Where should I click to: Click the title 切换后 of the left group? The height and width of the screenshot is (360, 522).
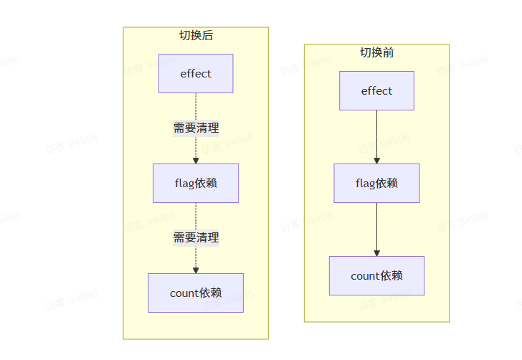coord(196,35)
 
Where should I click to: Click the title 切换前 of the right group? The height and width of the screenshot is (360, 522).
coord(376,52)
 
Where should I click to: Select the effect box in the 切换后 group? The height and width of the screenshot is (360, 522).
coord(196,73)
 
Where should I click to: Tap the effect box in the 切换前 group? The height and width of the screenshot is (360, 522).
coord(376,90)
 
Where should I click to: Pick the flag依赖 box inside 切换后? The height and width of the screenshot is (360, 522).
coord(196,183)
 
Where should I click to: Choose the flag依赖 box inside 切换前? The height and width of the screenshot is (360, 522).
coord(376,183)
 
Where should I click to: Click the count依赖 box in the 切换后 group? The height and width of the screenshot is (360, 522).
coord(196,293)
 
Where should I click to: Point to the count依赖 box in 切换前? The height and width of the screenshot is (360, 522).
coord(376,275)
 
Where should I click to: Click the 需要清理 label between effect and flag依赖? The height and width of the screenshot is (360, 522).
coord(196,128)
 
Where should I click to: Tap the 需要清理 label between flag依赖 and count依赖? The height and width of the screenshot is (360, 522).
coord(196,237)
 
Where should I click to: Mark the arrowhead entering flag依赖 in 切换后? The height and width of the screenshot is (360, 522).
coord(196,160)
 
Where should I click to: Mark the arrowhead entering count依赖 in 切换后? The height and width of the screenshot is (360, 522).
coord(196,270)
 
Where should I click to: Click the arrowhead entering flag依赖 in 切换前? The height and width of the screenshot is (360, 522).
coord(376,160)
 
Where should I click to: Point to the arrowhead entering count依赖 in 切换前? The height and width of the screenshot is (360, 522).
coord(376,252)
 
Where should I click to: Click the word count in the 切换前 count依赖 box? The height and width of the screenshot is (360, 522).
coord(364,276)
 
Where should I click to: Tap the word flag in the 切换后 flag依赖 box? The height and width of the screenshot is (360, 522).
coord(184,183)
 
